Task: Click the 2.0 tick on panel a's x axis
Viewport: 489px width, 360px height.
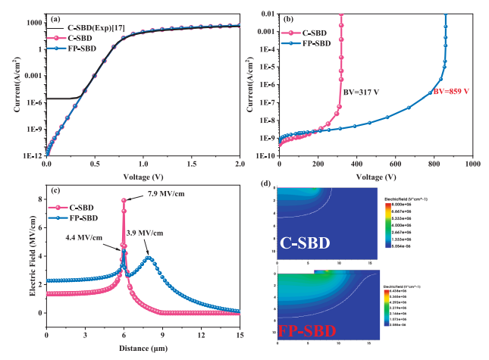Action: (x=240, y=162)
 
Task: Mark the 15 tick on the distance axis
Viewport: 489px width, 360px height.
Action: (x=240, y=334)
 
